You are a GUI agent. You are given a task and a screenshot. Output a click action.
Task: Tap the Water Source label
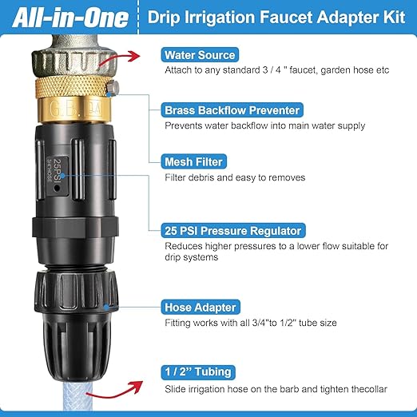click(200, 55)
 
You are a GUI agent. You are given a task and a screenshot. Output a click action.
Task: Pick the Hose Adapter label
click(201, 307)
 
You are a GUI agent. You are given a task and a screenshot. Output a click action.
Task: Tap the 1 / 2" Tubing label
click(197, 371)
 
